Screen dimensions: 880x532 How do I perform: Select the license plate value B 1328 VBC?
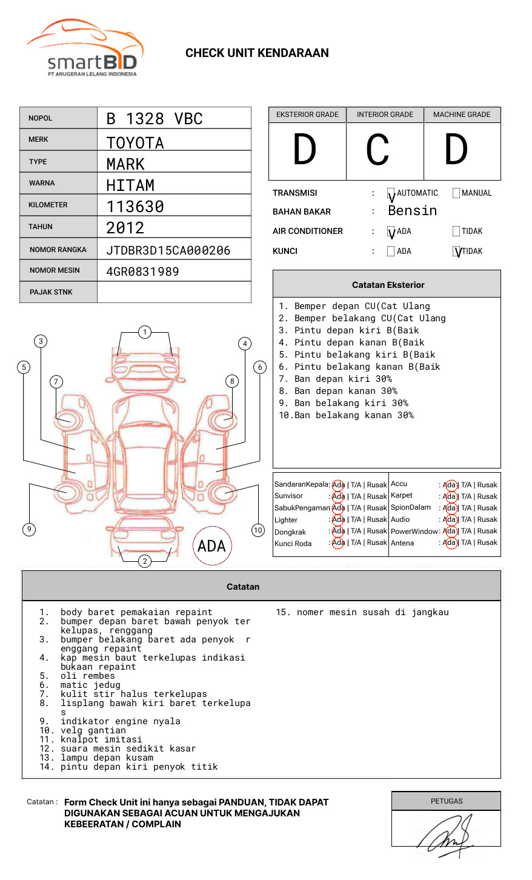pyautogui.click(x=154, y=119)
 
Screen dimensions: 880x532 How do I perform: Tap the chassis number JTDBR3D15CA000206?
pyautogui.click(x=168, y=250)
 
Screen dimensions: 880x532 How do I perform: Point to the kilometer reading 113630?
pyautogui.click(x=135, y=207)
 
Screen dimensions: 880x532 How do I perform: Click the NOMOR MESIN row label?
pyautogui.click(x=55, y=270)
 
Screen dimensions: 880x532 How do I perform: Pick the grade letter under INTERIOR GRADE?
pyautogui.click(x=377, y=150)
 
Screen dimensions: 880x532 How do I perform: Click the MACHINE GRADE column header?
pyautogui.click(x=462, y=115)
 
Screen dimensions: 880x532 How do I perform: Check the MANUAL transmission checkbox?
pyautogui.click(x=456, y=193)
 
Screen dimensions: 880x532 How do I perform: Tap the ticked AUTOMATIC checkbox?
pyautogui.click(x=391, y=193)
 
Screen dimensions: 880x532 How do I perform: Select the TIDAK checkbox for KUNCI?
pyautogui.click(x=457, y=252)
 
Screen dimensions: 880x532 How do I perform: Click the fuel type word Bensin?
pyautogui.click(x=412, y=211)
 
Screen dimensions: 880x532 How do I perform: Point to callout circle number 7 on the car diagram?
pyautogui.click(x=56, y=381)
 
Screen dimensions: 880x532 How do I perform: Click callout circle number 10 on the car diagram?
pyautogui.click(x=258, y=530)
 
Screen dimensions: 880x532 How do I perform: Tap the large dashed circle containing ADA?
pyautogui.click(x=211, y=545)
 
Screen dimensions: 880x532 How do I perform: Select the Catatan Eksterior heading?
pyautogui.click(x=388, y=285)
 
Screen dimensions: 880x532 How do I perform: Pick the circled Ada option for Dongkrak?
pyautogui.click(x=338, y=532)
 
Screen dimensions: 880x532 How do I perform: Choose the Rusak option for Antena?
pyautogui.click(x=487, y=543)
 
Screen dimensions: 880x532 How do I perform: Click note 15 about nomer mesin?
pyautogui.click(x=362, y=612)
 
